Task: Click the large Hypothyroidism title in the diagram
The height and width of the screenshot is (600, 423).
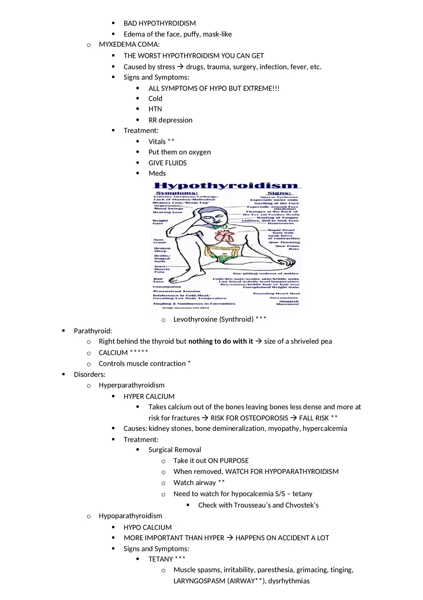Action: (226, 186)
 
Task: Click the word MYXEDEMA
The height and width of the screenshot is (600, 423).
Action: (115, 44)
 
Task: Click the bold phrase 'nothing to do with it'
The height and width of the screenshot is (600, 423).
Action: (221, 341)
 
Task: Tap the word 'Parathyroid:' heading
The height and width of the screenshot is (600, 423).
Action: (93, 331)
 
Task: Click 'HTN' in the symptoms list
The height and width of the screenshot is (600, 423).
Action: (155, 109)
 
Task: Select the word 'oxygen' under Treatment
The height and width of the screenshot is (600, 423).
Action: (199, 152)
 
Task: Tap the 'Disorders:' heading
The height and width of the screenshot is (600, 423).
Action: (89, 374)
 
